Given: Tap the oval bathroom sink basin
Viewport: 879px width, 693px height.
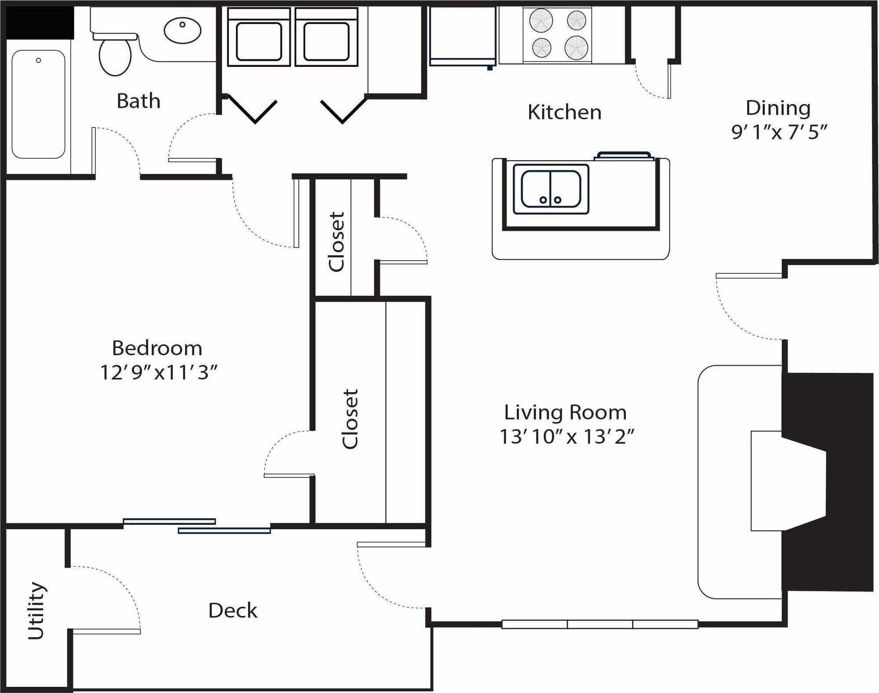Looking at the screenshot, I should point(182,30).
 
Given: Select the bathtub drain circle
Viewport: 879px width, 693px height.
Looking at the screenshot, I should point(39,60).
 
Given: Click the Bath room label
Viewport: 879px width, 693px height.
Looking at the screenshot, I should point(138,101).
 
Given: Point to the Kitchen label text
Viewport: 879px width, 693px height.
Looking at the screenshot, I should point(564,112).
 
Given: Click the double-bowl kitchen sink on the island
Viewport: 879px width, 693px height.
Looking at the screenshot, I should point(551,190).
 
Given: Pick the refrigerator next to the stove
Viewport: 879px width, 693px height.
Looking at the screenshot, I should point(463,35).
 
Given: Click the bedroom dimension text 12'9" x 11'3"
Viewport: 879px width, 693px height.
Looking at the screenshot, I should point(159,372).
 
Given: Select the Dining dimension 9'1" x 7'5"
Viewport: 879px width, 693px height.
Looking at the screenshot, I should point(779,131).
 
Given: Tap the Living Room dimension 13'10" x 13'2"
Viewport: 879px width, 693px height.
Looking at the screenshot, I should point(567,437).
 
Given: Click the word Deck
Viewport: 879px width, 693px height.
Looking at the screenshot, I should point(232,610).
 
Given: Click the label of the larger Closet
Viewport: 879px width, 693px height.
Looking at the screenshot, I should point(350,419).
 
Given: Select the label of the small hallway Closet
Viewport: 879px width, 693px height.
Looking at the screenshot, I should point(337,241).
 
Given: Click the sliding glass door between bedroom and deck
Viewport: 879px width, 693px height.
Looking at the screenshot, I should point(196,525).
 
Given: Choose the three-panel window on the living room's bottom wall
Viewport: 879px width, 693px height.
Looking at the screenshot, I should point(599,624).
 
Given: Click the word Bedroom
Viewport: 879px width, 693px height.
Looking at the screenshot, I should point(157,348).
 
